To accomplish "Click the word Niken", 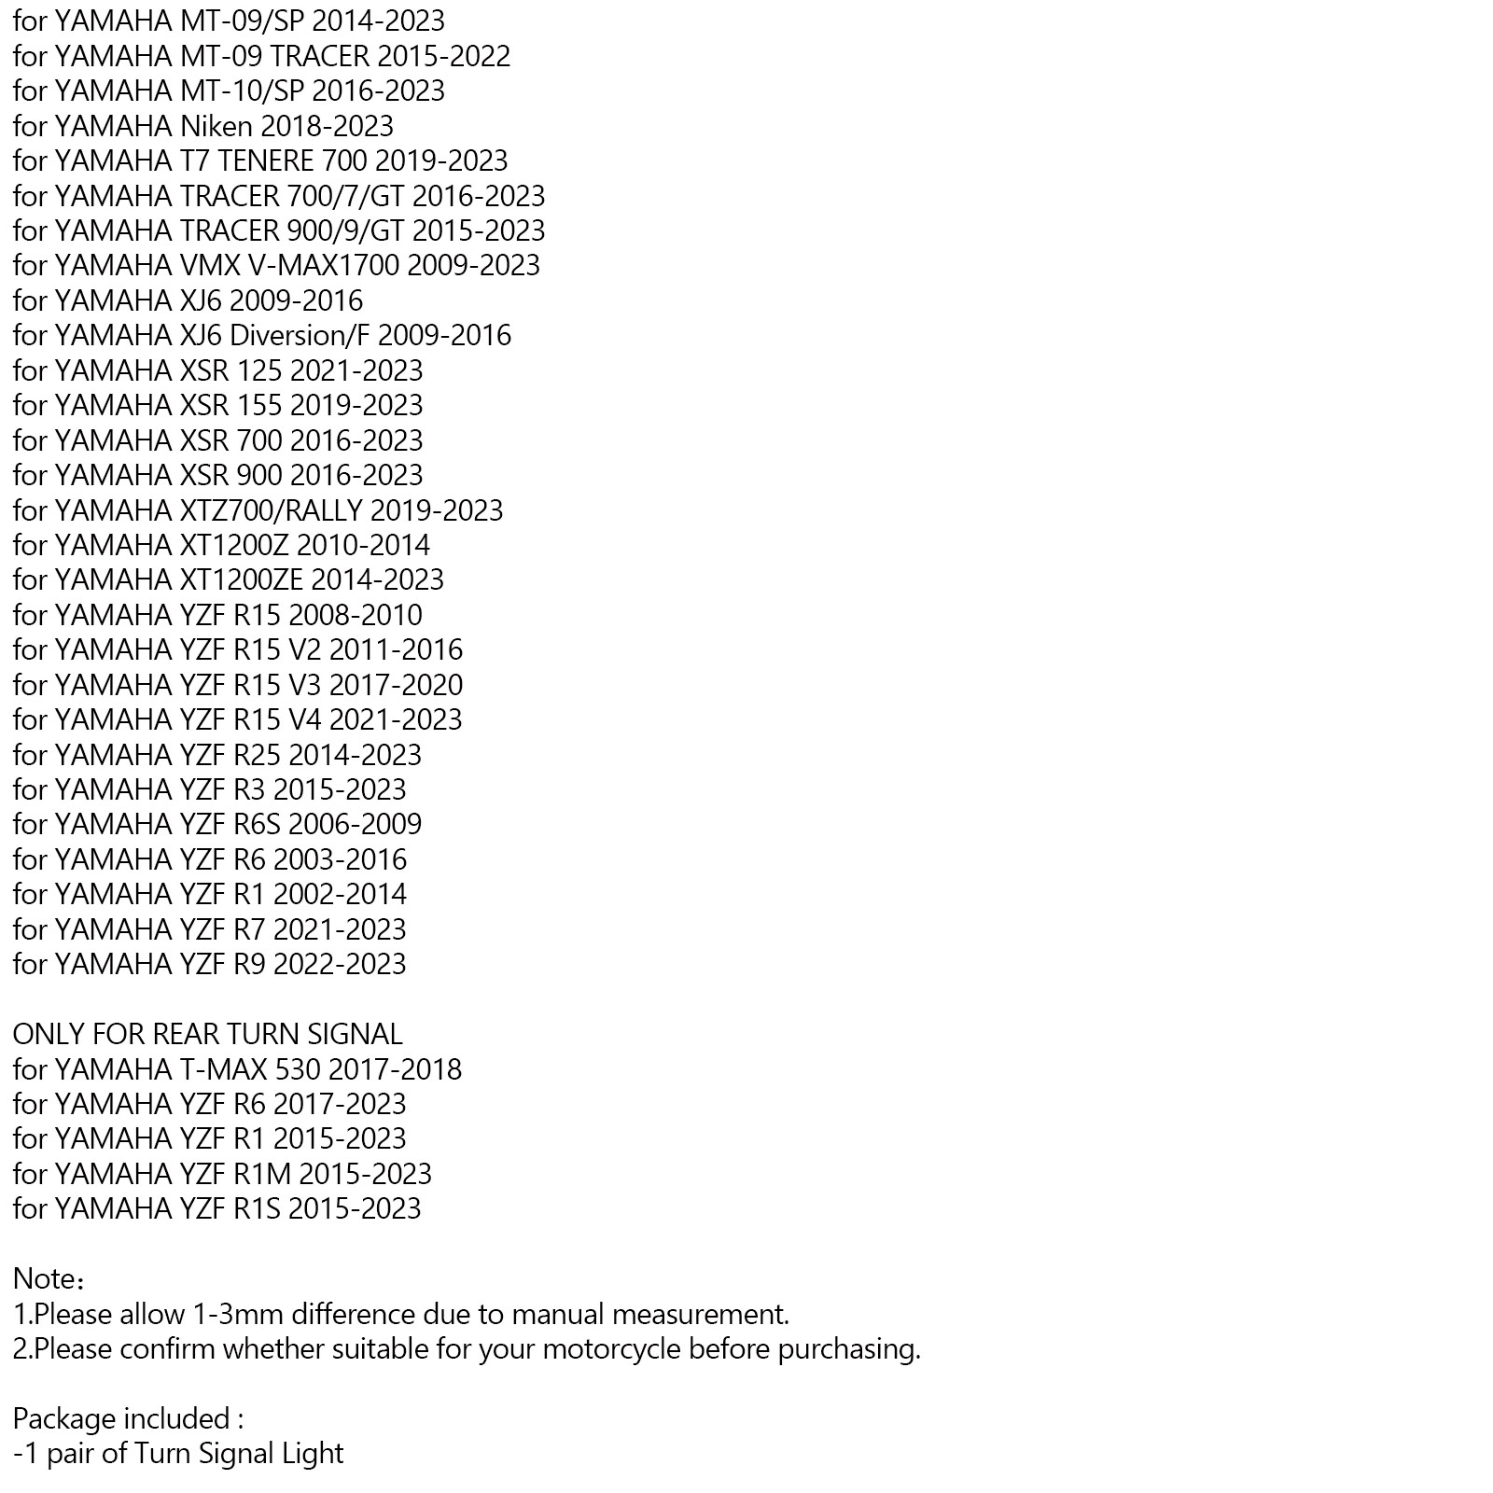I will tap(216, 126).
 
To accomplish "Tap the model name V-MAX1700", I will tap(323, 265).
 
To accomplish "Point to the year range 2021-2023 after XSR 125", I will tap(356, 370).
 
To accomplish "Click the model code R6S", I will tap(257, 824).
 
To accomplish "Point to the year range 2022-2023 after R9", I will tap(340, 964).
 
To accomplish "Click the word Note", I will tap(44, 1278).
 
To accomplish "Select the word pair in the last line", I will tap(70, 1454).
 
